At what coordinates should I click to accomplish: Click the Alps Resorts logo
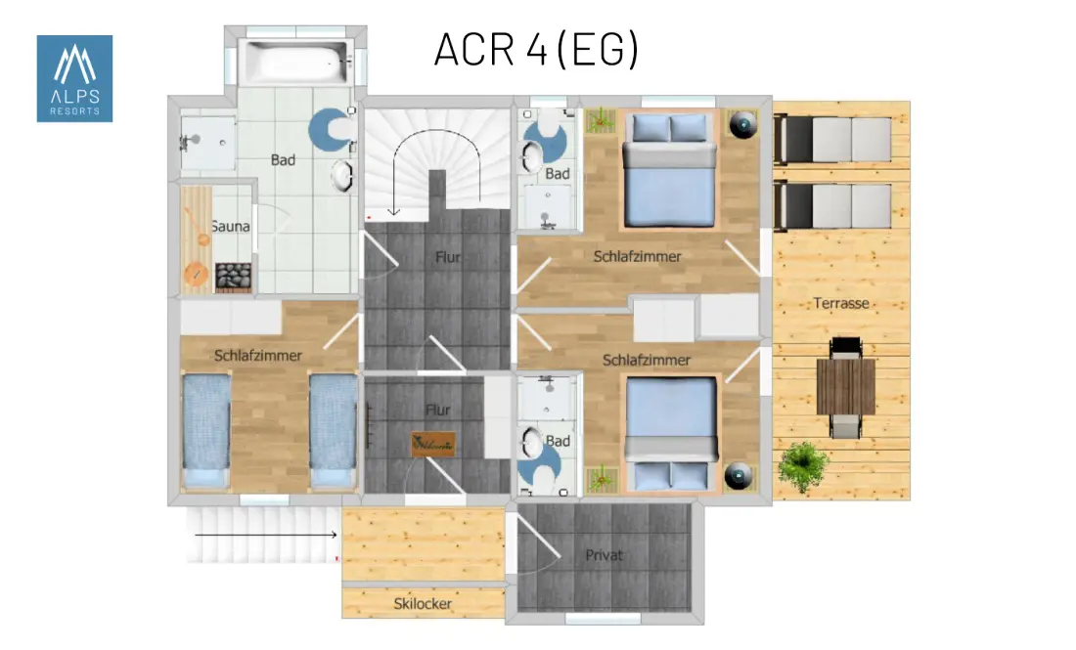tap(74, 79)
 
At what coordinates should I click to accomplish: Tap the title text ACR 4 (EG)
tap(537, 49)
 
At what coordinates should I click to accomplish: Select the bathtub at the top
tap(296, 62)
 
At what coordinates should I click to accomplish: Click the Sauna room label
tap(231, 226)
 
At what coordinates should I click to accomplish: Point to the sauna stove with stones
tap(234, 277)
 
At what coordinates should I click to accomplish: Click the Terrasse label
tap(841, 303)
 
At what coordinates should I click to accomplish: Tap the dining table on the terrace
tap(845, 387)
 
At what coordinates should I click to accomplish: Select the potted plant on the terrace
tap(803, 466)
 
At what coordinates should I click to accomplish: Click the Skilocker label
tap(423, 604)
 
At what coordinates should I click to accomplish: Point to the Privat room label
tap(604, 555)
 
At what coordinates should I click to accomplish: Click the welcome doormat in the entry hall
tap(433, 445)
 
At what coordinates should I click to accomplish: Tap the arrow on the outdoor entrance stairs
tap(265, 534)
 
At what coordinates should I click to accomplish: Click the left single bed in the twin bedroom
tap(206, 430)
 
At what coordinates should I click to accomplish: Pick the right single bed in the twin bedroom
tap(334, 430)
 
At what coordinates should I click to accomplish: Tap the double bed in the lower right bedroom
tap(671, 433)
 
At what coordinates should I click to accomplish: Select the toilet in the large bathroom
tap(334, 130)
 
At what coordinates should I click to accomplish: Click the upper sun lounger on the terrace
tap(832, 140)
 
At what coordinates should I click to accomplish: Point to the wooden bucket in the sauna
tap(196, 275)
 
